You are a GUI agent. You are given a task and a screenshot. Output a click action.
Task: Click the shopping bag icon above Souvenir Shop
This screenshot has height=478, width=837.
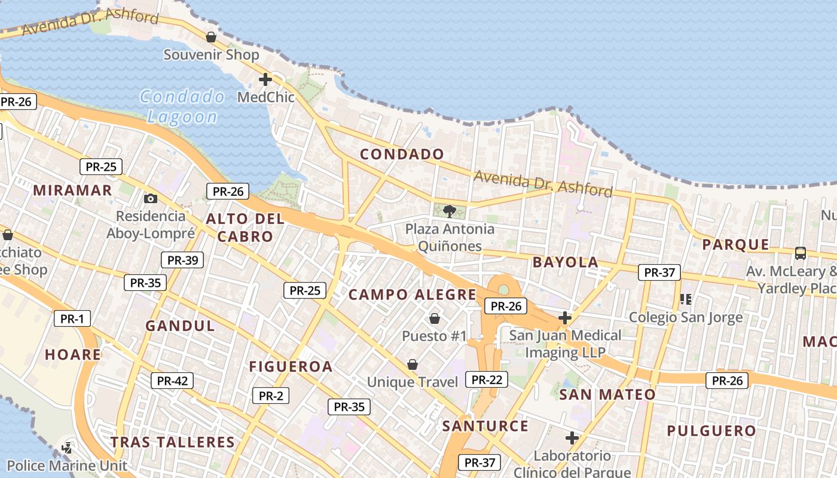211,37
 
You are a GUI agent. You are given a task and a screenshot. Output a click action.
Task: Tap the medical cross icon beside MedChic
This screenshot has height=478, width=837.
265,79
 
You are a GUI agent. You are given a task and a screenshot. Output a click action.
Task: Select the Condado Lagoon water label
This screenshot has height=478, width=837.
182,106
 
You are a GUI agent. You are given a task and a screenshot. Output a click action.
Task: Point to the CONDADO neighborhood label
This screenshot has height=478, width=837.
402,154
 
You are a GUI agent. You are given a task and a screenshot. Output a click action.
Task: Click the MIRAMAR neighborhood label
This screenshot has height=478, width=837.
72,190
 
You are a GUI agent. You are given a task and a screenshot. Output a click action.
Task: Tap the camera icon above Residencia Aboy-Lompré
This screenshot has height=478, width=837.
151,198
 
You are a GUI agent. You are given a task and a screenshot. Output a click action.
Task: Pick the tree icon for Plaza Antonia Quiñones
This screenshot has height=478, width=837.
449,210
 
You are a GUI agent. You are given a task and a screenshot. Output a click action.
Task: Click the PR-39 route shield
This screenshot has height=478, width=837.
182,260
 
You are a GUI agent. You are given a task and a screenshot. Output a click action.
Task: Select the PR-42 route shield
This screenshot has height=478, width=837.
172,381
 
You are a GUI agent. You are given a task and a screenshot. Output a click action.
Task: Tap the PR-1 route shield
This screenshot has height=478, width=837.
72,318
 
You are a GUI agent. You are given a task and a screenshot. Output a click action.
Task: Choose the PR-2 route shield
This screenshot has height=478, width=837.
271,396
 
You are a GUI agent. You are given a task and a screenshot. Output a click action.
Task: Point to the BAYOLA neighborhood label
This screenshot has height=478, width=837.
565,262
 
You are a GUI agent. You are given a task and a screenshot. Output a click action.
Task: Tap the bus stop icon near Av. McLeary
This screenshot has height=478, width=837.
801,253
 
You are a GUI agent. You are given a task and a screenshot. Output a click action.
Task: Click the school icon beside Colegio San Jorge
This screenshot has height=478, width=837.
685,299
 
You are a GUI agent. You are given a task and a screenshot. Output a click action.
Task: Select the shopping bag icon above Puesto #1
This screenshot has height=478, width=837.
435,318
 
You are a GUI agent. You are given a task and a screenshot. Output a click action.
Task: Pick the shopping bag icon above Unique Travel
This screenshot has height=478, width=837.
412,364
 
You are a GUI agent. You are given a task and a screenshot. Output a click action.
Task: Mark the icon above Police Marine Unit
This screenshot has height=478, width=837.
68,448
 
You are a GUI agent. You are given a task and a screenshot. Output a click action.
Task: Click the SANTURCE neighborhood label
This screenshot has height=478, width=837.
485,426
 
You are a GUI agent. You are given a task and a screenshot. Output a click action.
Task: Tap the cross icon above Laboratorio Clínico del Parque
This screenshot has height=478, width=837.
572,438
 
